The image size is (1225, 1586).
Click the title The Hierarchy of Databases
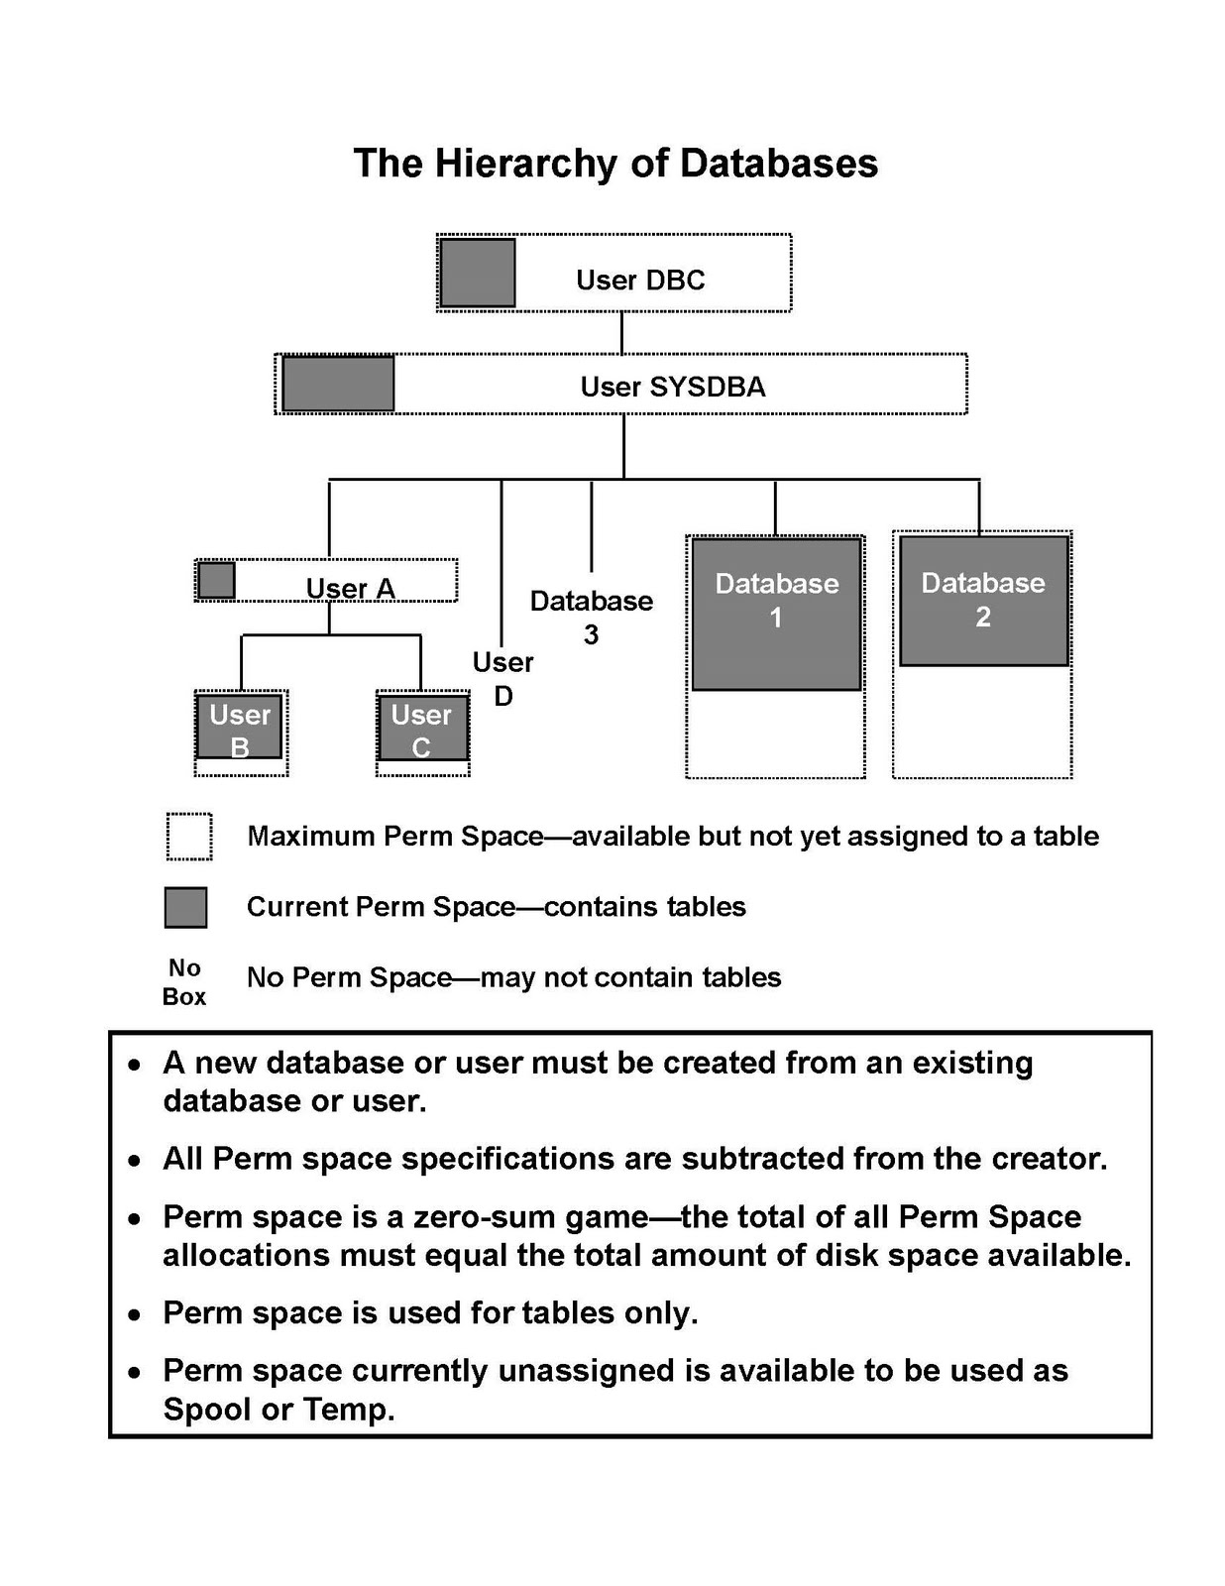614,164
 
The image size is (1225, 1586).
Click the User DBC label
640,281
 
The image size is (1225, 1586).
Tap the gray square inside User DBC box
477,273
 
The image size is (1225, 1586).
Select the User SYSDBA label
672,387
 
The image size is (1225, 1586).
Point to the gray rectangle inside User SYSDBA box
338,384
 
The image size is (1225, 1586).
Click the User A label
350,589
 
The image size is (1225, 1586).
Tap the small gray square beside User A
216,580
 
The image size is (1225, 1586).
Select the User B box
239,729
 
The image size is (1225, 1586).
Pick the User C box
421,729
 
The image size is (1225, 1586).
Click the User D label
502,679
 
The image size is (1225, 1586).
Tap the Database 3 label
591,617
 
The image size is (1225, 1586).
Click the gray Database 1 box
775,615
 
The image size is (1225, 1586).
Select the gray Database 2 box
982,601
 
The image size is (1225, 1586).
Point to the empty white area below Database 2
981,722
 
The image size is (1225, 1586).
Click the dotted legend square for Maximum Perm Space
188,837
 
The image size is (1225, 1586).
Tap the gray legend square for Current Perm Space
185,907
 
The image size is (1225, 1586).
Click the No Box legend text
184,981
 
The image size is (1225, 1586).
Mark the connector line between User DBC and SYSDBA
621,333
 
